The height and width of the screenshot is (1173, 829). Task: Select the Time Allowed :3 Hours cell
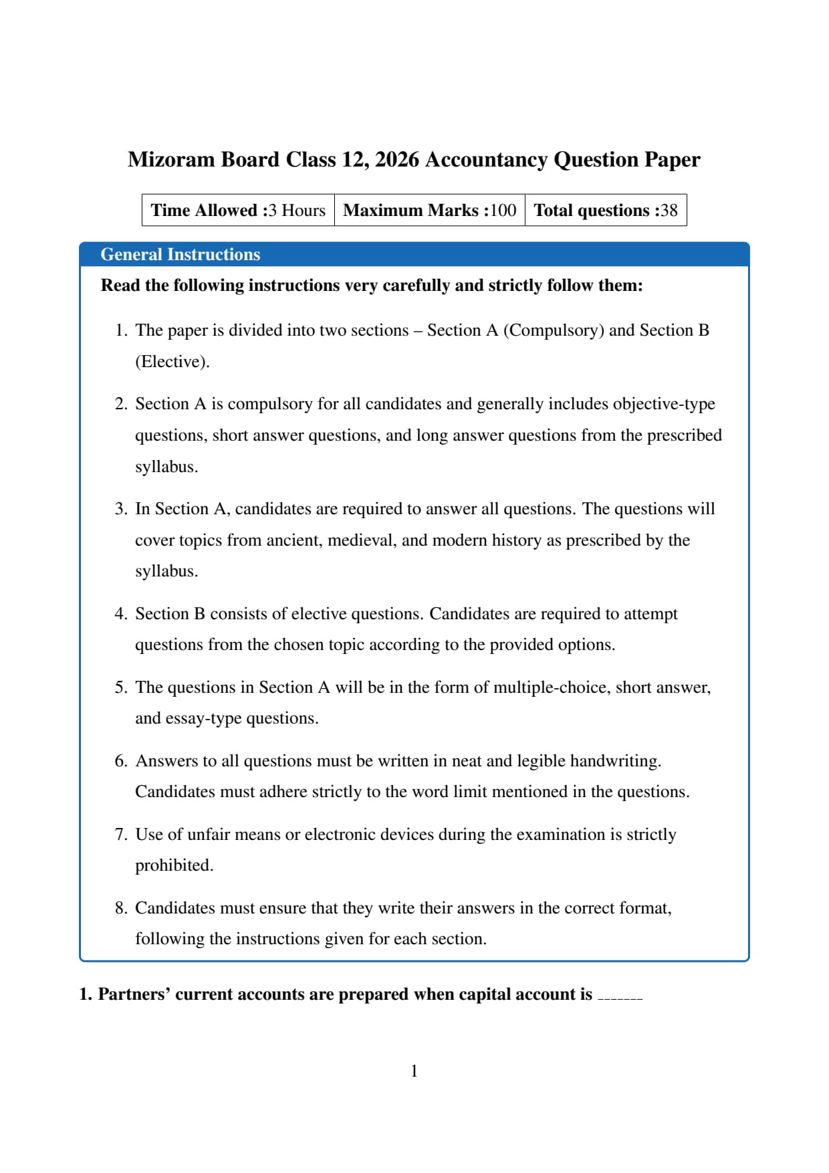coord(238,211)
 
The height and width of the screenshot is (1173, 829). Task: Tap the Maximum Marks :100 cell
coord(429,211)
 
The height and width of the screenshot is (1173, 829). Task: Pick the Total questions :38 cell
coord(605,211)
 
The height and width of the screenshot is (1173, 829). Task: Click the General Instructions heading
coord(180,255)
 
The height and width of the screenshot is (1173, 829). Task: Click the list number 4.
coord(120,614)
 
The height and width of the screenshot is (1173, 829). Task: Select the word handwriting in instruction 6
coord(615,761)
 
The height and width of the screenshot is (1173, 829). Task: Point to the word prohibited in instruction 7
coord(174,865)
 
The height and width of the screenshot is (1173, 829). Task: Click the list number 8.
coord(120,908)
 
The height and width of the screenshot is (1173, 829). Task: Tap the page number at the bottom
coord(414,1071)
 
